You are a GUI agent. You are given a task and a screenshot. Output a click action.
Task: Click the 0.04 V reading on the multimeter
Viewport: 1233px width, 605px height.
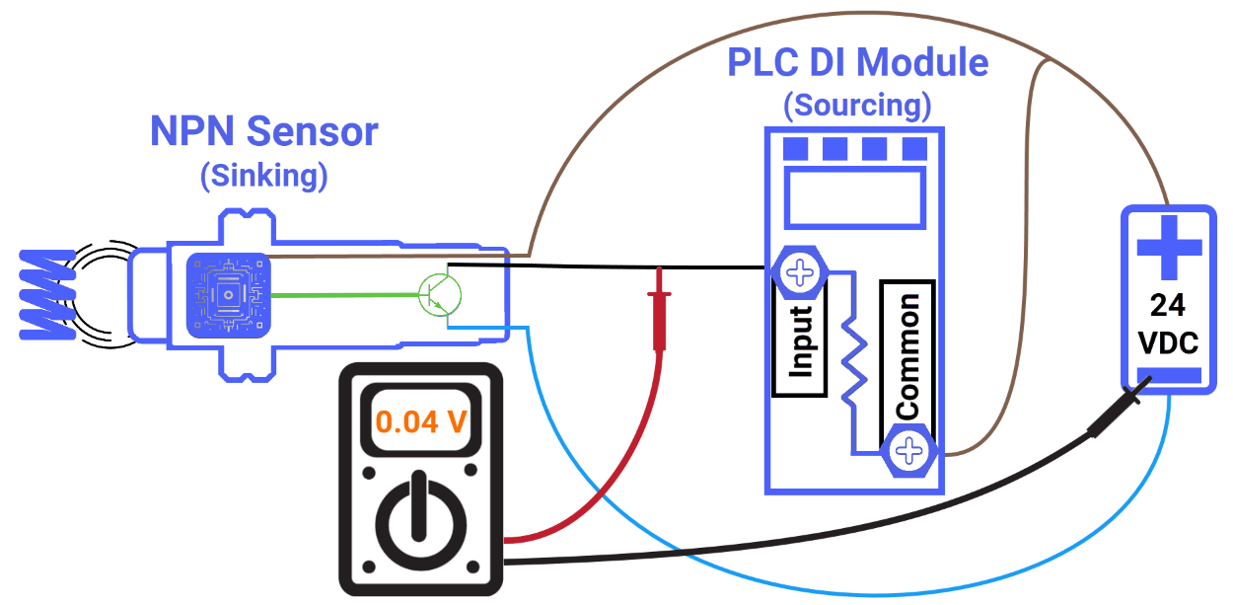[421, 421]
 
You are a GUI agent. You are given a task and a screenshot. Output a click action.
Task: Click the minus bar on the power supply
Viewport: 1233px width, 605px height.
[1169, 376]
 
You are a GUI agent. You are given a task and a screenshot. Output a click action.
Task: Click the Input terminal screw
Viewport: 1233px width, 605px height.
[800, 271]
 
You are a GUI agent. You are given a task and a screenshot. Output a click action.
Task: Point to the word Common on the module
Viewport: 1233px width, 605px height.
[907, 354]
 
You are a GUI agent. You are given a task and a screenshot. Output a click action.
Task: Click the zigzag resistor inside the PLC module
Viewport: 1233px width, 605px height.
[853, 360]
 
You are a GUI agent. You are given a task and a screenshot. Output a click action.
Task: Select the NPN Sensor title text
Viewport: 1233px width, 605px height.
[263, 131]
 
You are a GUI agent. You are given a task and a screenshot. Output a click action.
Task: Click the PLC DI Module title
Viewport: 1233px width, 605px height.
[857, 63]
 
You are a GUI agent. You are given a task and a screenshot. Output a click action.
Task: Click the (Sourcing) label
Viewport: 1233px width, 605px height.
[857, 104]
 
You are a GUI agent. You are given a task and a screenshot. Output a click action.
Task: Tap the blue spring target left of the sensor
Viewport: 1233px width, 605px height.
[45, 294]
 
